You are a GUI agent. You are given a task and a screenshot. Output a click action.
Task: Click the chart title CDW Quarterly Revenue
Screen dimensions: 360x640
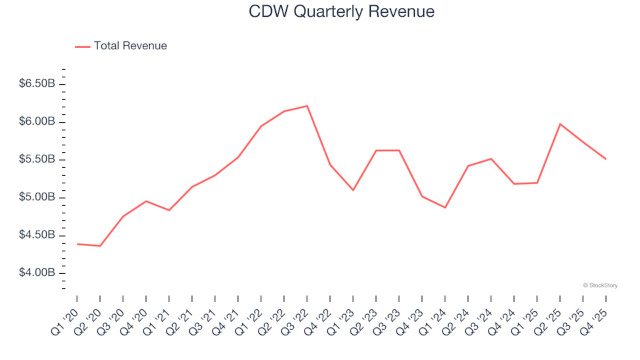point(341,12)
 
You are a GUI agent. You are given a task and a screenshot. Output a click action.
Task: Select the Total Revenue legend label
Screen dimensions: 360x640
point(130,46)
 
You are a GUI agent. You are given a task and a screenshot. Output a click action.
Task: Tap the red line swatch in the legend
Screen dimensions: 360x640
point(82,47)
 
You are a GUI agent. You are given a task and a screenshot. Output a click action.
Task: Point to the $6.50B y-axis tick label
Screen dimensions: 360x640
point(37,84)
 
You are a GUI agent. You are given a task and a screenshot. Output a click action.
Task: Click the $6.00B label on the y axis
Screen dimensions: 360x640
point(37,122)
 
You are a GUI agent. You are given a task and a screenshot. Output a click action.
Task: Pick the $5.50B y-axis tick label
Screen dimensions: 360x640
point(37,160)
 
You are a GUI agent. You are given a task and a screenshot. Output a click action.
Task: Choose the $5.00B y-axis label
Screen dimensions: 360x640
point(37,198)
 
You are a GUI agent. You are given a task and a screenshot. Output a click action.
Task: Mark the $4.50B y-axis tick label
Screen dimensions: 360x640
point(37,235)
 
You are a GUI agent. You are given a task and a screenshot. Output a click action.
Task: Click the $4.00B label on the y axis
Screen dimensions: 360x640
point(37,273)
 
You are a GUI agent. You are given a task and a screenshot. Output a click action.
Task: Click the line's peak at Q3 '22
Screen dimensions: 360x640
point(307,106)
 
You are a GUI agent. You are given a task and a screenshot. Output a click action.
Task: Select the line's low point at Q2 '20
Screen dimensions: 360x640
point(100,246)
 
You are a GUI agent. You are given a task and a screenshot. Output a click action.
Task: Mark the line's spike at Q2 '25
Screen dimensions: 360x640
point(559,124)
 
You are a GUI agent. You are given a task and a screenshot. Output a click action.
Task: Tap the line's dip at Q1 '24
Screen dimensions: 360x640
point(445,207)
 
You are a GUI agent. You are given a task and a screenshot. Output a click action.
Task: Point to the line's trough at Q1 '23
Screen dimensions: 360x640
point(353,190)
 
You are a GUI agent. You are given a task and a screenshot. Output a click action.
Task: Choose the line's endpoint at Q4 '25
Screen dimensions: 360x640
point(605,159)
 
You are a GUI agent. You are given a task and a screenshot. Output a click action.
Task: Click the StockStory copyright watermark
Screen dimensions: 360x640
point(600,285)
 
